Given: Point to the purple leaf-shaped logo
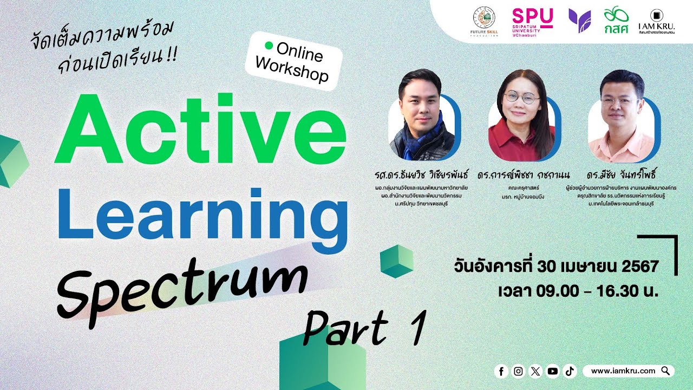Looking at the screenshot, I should point(579,20).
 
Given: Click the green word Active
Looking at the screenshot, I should point(200,131).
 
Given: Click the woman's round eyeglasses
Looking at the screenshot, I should point(521,98).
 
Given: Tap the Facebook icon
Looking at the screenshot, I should point(501,371).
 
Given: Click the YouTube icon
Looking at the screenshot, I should point(552,371).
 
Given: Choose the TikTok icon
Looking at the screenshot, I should point(569,371).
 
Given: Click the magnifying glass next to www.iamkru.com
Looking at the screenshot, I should point(665,371).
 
